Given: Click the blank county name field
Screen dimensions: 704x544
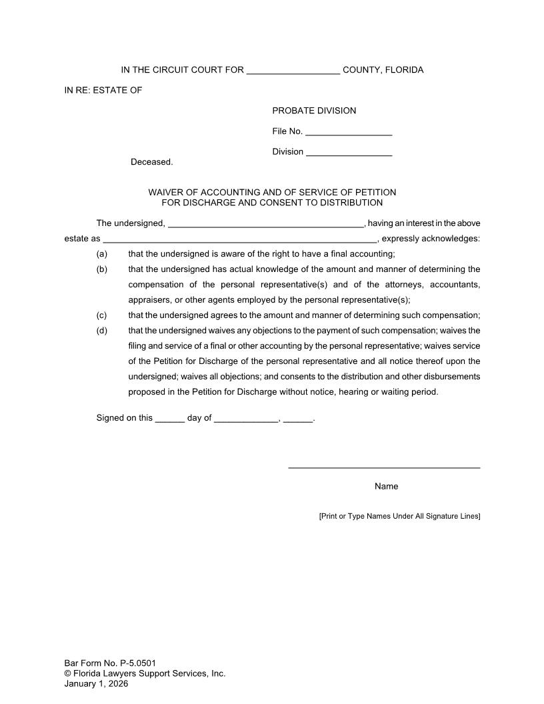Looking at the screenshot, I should pyautogui.click(x=293, y=71).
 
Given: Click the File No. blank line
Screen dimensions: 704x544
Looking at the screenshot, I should pyautogui.click(x=348, y=133).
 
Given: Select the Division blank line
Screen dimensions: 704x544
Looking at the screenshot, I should pyautogui.click(x=349, y=153).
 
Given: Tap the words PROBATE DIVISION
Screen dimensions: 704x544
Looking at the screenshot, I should pyautogui.click(x=314, y=111).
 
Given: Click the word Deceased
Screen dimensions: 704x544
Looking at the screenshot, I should pyautogui.click(x=151, y=162).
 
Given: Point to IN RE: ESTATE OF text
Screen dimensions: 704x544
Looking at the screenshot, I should pyautogui.click(x=103, y=90).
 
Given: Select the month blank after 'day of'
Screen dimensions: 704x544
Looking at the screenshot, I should pyautogui.click(x=245, y=420).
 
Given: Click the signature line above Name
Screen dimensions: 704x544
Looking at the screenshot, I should pyautogui.click(x=384, y=467).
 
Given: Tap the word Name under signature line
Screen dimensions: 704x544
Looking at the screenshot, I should pyautogui.click(x=386, y=487).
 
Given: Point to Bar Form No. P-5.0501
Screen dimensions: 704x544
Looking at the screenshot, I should pyautogui.click(x=110, y=663).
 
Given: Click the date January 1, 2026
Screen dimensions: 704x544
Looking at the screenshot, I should pyautogui.click(x=96, y=683).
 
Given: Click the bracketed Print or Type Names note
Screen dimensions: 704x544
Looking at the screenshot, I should pyautogui.click(x=399, y=516).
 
